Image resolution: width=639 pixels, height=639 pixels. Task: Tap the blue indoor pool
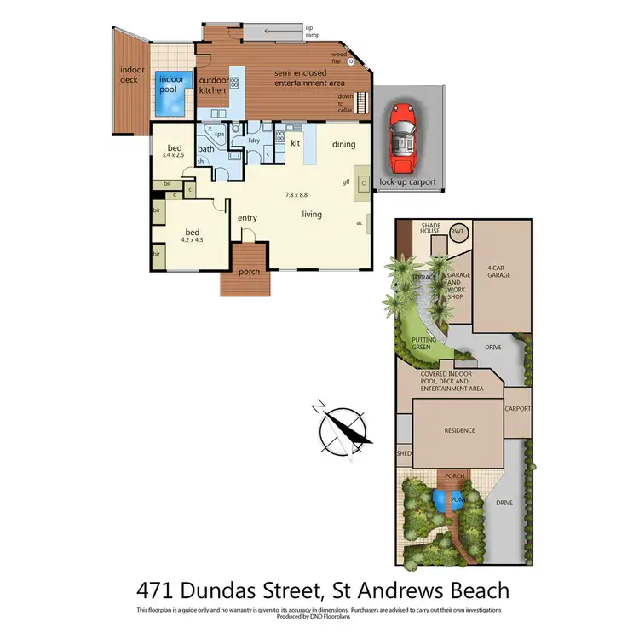click(x=170, y=95)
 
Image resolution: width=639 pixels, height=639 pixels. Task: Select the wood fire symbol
click(x=350, y=62)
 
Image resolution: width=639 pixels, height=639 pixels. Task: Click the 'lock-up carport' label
click(x=407, y=182)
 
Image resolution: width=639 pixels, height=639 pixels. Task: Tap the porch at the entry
click(x=249, y=273)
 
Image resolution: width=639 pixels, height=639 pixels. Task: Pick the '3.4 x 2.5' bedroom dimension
click(x=177, y=155)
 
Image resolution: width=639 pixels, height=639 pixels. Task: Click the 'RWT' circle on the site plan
click(x=458, y=232)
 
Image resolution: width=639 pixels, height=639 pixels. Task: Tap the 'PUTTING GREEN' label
click(x=425, y=343)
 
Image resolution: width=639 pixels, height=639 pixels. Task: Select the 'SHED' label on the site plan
click(x=404, y=453)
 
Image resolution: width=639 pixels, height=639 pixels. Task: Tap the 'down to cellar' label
click(x=345, y=103)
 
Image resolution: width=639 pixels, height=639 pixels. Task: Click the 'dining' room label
click(x=343, y=144)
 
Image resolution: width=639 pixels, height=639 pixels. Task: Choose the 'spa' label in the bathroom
click(x=219, y=135)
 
